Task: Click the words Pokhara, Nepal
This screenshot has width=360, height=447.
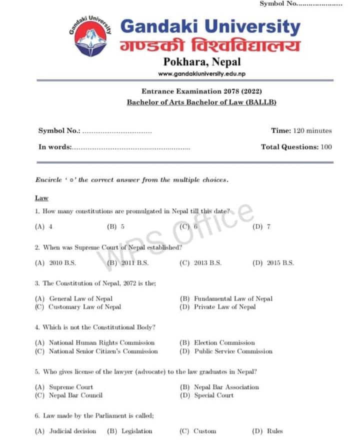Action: click(x=202, y=62)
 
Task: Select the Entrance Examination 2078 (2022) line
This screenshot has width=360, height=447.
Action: click(x=201, y=91)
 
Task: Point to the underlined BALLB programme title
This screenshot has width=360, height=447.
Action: click(x=201, y=102)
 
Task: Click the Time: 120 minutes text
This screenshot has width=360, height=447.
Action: click(x=301, y=131)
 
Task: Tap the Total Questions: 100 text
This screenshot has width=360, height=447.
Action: click(x=296, y=147)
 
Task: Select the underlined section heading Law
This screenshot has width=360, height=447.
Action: click(x=41, y=198)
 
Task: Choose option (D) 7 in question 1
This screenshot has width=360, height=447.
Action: click(x=261, y=226)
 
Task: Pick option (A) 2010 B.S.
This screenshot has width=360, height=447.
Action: click(x=55, y=262)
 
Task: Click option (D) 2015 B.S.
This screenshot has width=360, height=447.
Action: click(x=273, y=262)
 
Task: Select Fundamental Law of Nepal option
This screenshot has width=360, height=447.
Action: click(x=226, y=298)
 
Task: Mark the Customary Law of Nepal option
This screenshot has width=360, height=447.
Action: click(x=78, y=307)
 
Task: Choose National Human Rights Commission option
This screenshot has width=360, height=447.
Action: click(x=95, y=343)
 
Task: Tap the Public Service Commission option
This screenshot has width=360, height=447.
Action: click(x=226, y=351)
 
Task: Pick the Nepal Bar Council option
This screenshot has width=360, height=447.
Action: click(x=69, y=395)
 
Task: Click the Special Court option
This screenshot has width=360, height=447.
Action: click(x=207, y=395)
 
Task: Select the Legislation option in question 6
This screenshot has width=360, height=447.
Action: click(x=130, y=431)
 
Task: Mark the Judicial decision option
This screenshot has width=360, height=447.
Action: click(x=65, y=431)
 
